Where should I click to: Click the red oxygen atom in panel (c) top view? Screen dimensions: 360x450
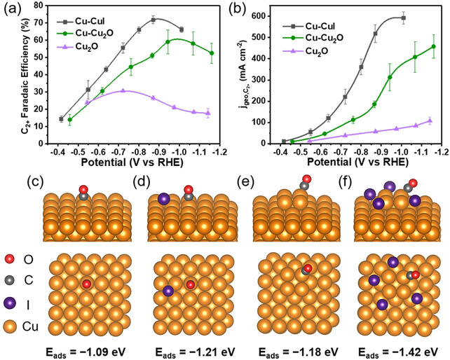click(x=86, y=284)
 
